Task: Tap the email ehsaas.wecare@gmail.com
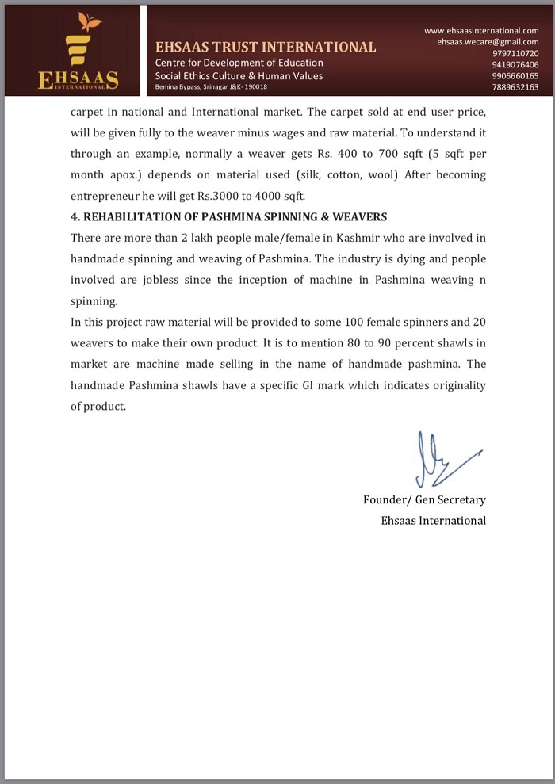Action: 488,41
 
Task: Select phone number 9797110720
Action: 515,53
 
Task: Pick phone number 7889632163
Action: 515,87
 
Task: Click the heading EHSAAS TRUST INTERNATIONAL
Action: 266,47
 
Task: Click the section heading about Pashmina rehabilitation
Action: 228,216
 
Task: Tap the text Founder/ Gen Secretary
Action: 424,499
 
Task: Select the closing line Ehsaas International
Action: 434,520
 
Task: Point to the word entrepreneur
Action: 103,195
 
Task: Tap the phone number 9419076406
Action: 515,65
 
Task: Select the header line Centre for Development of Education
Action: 239,63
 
